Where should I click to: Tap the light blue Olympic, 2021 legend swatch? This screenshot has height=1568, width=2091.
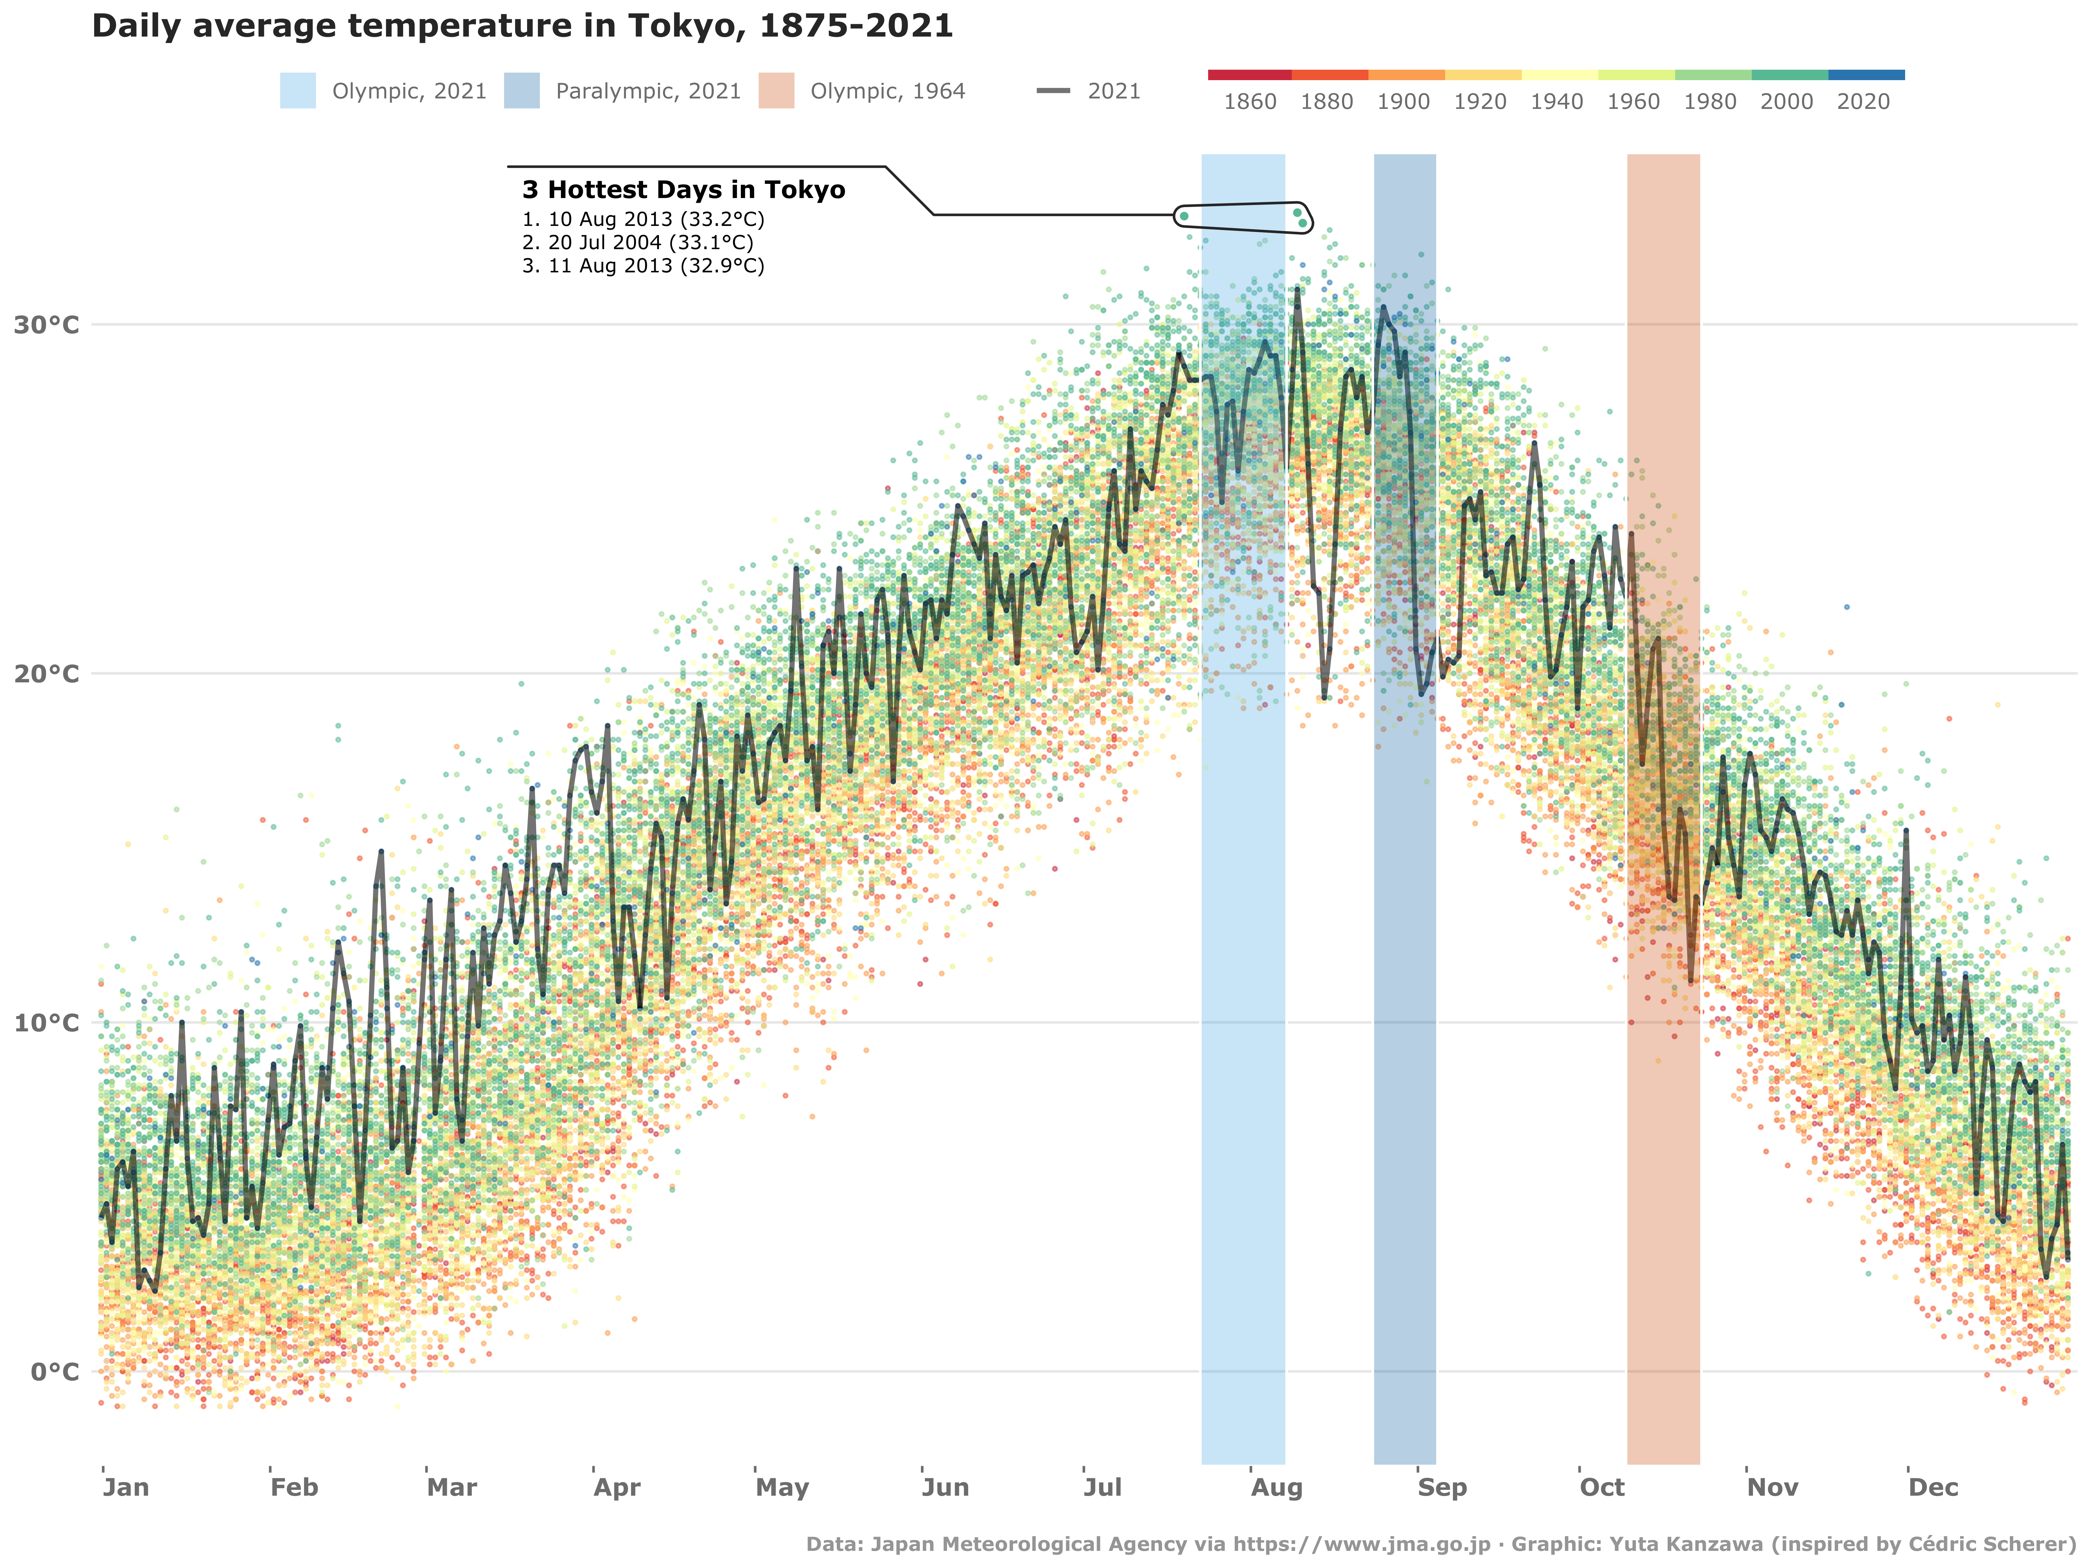click(298, 91)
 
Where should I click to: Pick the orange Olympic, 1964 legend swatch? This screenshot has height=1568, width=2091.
click(776, 91)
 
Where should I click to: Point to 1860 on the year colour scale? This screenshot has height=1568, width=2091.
click(1250, 102)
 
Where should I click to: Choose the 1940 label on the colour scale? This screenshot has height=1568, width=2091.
click(1556, 102)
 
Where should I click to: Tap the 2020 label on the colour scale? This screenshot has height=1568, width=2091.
click(1862, 102)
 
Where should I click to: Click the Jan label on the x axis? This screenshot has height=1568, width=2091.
click(126, 1488)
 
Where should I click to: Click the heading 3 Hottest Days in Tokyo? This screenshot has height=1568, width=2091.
click(683, 190)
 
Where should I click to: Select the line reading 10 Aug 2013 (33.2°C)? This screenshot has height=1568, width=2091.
click(643, 219)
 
